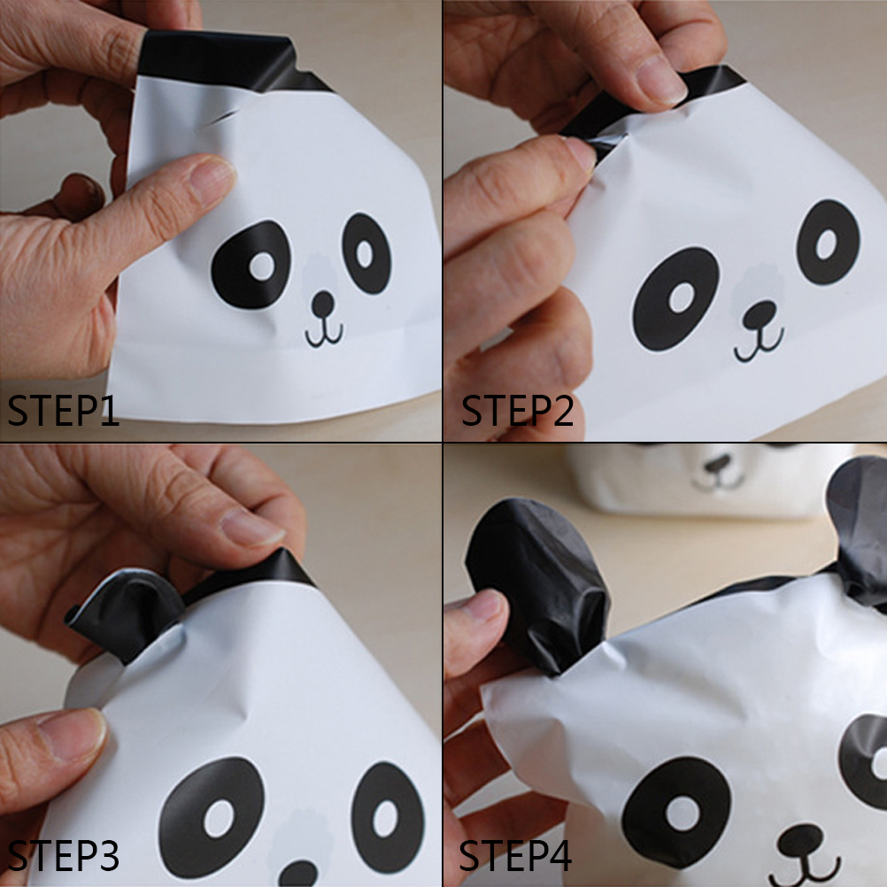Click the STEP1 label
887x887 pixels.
[x=63, y=410]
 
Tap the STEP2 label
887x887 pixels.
[x=517, y=410]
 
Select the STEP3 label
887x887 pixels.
[x=63, y=856]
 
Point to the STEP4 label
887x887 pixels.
[x=515, y=856]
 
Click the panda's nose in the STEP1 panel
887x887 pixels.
[x=323, y=304]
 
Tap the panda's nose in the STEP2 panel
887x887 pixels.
[x=760, y=314]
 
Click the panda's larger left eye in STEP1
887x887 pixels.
[x=251, y=265]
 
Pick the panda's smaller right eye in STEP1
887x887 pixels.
[x=366, y=253]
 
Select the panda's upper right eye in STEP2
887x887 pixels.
[x=828, y=243]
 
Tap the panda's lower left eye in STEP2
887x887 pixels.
[x=676, y=298]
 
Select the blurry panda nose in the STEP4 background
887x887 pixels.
[x=717, y=465]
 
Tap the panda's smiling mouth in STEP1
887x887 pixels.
[x=324, y=334]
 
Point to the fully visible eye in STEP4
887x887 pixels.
[x=676, y=812]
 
